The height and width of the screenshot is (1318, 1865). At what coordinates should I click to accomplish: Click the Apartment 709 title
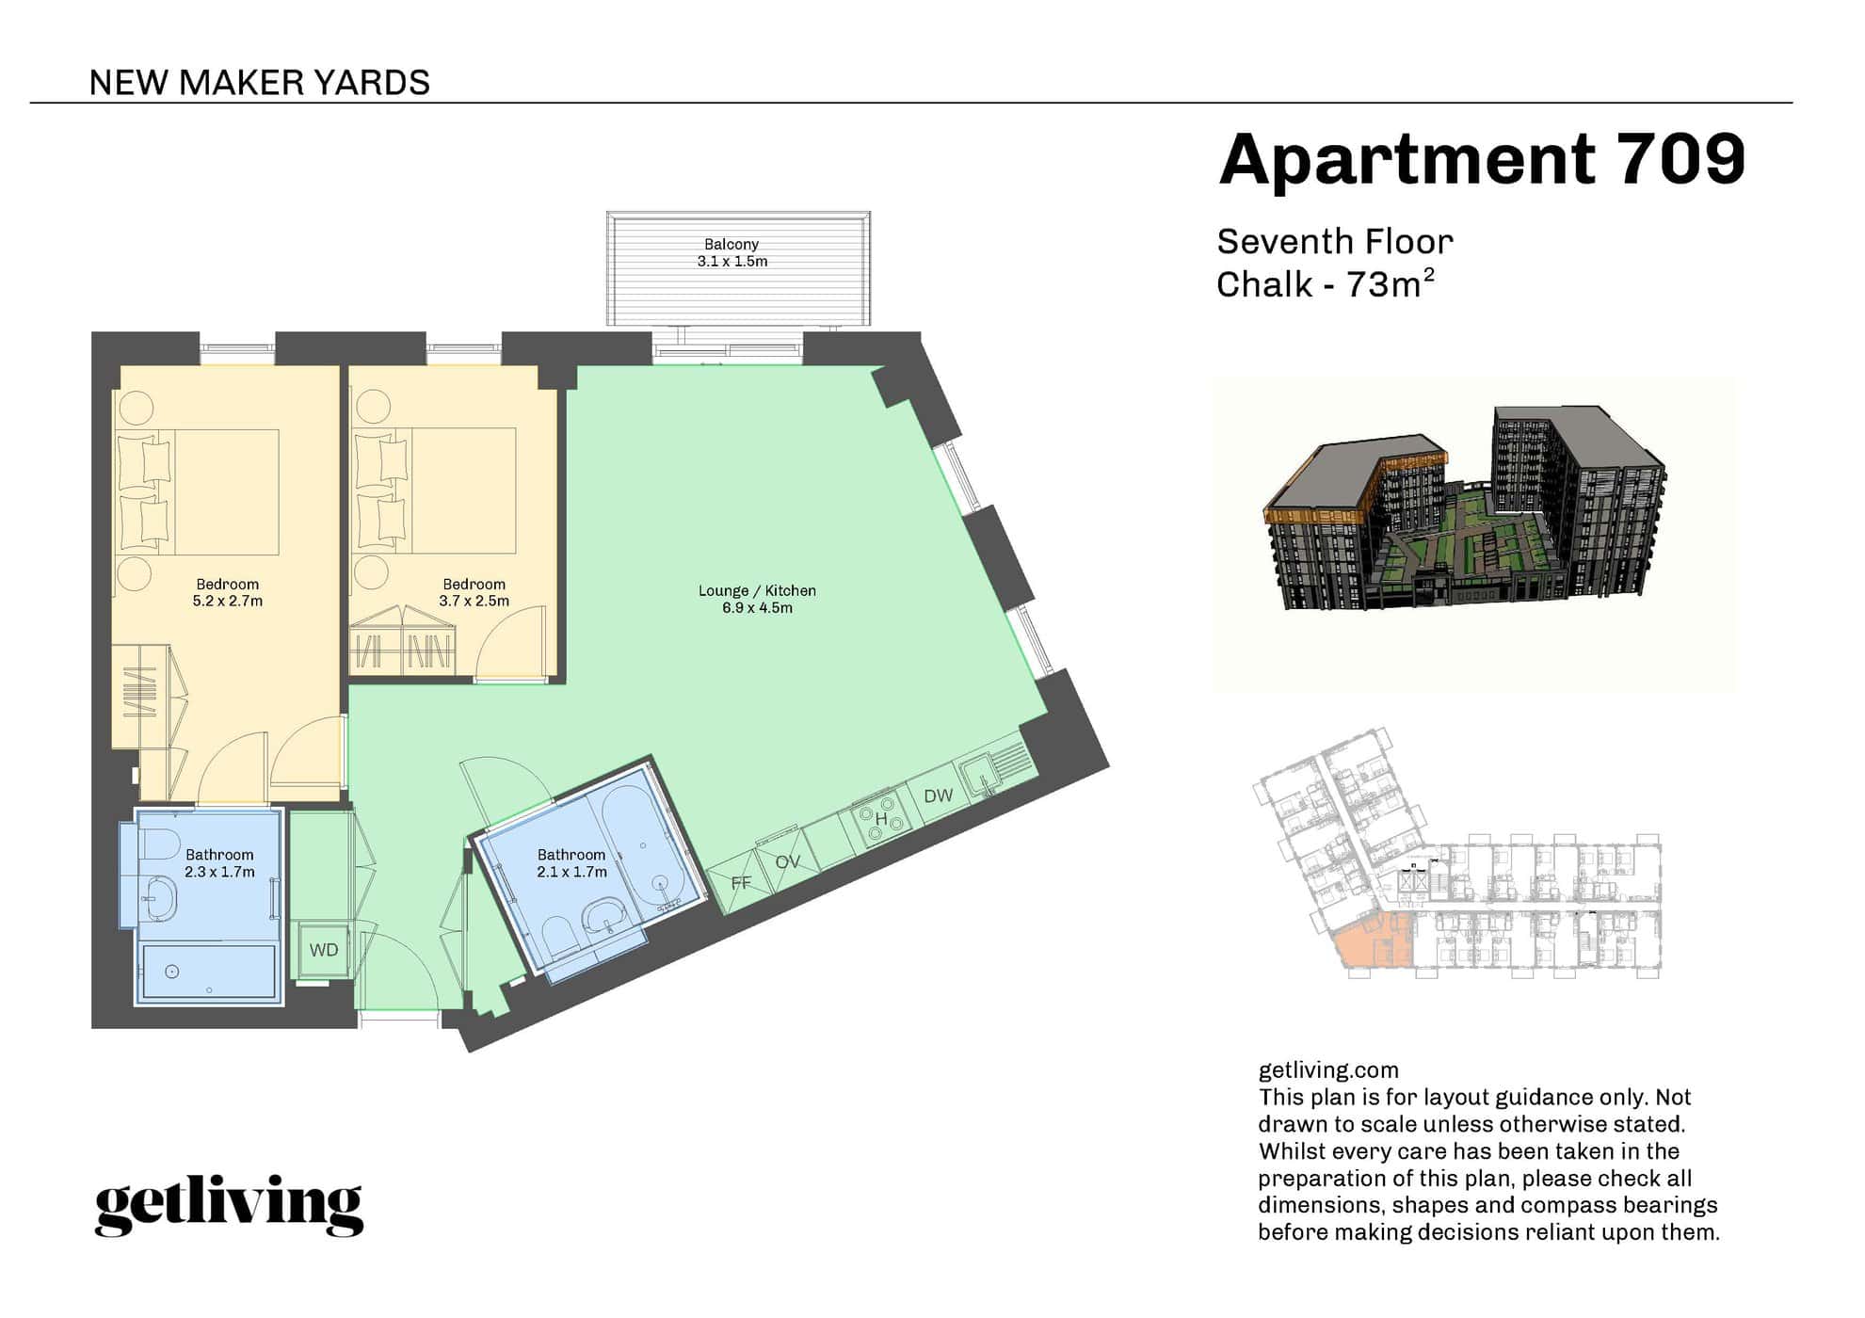coord(1482,159)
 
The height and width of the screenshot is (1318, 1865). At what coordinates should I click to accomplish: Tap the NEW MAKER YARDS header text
coord(260,83)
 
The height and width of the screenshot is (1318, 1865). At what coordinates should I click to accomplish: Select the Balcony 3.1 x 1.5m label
coord(732,252)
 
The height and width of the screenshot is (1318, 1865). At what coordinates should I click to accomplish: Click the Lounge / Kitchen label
coord(757,599)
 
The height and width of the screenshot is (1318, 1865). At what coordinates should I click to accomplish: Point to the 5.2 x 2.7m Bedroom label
coord(228,592)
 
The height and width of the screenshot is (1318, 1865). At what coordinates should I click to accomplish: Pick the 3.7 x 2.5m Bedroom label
coord(474,592)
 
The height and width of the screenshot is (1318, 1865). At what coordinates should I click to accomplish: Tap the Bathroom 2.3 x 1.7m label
coord(219,863)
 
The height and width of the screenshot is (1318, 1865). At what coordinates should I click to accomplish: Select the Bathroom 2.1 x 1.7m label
coord(571,863)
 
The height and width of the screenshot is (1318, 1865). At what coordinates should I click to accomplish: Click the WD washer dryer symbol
coord(324,950)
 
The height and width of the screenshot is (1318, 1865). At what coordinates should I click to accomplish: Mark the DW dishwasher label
coord(939,796)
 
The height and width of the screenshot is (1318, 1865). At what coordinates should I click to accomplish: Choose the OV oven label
coord(787,861)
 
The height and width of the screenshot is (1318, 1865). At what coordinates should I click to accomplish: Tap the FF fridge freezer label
coord(741,883)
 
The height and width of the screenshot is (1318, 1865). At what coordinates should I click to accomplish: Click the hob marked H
coord(881,817)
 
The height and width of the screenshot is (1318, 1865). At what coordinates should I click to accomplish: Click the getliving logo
coord(229,1205)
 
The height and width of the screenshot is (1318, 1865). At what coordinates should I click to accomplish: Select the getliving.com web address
coord(1328,1070)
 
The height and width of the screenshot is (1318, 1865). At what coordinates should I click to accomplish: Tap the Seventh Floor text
coord(1335,242)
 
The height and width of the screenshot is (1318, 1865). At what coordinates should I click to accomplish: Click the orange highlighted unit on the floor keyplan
coord(1373,941)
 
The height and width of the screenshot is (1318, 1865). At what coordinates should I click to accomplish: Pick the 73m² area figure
coord(1391,283)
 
